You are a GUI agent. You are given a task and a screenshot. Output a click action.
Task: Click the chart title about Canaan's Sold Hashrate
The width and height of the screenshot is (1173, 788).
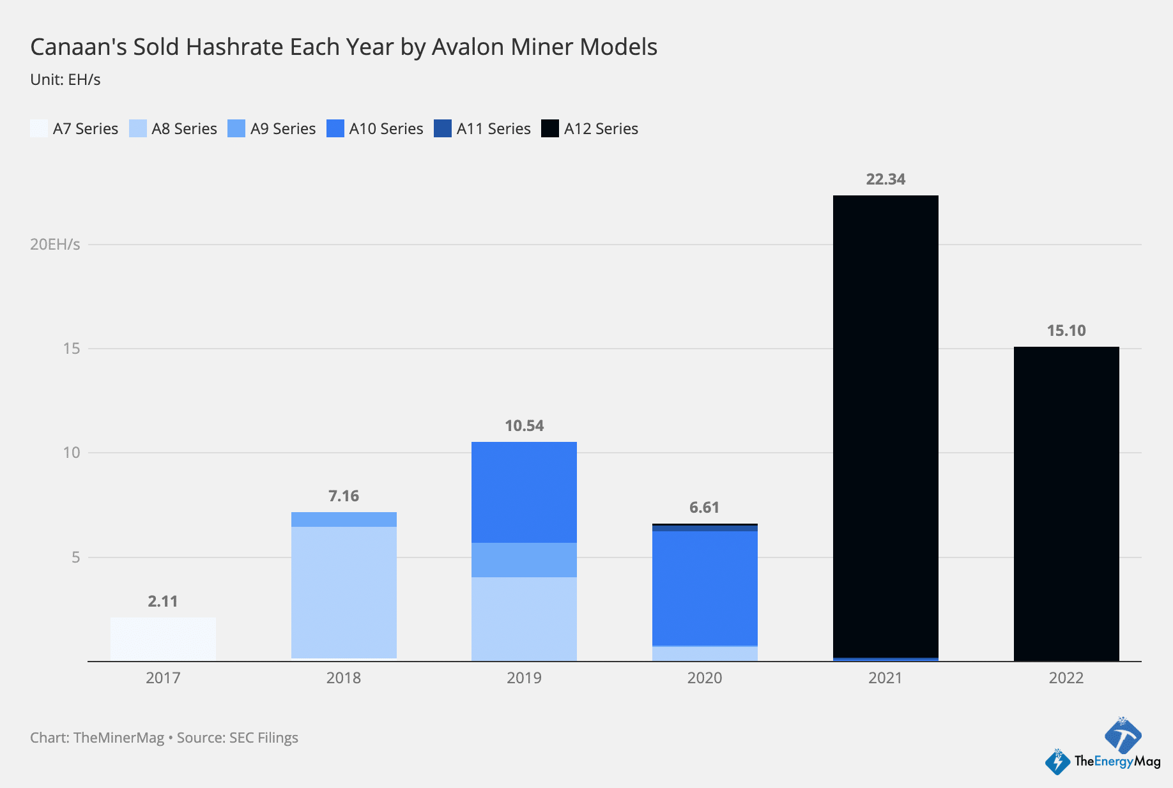pos(344,47)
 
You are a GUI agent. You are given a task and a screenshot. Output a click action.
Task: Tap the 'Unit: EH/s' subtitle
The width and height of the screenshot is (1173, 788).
pos(65,80)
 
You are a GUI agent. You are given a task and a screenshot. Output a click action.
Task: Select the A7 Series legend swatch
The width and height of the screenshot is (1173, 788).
pos(39,128)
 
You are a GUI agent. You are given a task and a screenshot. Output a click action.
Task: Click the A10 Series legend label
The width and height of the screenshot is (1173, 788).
pos(386,129)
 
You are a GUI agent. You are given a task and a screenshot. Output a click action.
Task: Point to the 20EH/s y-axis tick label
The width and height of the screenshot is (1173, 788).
pos(55,245)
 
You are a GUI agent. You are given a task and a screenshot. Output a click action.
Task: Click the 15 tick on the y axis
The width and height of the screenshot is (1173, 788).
pos(72,349)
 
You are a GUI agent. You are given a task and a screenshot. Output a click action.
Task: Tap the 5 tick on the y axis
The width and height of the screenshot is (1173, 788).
pos(76,557)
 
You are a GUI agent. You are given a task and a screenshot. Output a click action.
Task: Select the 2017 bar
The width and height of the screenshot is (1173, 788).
pos(163,639)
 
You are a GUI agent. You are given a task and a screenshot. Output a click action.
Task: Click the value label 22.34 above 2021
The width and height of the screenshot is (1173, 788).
pos(885,179)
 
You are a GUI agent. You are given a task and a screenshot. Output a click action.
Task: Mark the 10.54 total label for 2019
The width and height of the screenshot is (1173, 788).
pos(524,426)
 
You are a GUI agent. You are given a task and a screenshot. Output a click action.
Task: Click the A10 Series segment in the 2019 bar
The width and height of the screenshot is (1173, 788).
pos(524,492)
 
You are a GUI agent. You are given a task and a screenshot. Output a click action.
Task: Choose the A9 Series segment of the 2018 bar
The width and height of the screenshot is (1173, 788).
pos(344,519)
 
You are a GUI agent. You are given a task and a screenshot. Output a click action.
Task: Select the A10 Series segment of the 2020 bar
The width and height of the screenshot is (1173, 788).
pos(705,588)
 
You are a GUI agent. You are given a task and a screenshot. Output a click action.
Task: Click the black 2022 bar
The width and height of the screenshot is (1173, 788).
pos(1066,504)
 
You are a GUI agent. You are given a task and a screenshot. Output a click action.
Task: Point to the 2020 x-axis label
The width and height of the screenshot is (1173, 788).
pos(705,678)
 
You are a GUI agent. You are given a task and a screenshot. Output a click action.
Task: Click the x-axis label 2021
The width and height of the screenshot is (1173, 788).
pos(885,678)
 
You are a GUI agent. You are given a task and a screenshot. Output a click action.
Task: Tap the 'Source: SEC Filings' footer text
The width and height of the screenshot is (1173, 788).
pos(238,738)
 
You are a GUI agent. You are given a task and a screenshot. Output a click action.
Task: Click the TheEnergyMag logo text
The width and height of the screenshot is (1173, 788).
pos(1117,761)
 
